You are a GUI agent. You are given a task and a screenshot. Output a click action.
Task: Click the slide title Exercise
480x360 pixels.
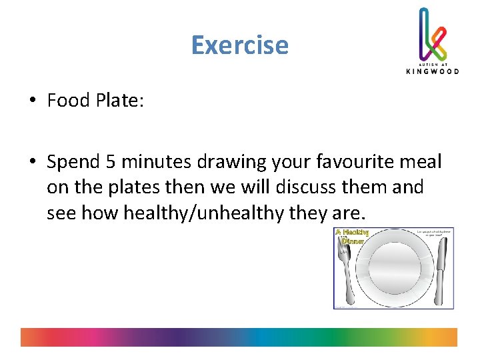[x=239, y=45]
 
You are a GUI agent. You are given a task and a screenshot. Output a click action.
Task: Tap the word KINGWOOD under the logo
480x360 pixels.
[x=432, y=71]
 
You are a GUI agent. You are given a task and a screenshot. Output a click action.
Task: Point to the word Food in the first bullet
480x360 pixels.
[x=69, y=100]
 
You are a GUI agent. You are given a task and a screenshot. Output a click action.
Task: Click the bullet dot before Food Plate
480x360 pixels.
[x=32, y=101]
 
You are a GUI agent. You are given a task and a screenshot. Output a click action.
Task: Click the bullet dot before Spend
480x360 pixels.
[x=32, y=162]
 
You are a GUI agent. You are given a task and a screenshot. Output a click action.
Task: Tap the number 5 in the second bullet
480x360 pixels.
[x=110, y=162]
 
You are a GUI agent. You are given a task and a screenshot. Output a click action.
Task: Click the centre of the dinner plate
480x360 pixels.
[x=393, y=269]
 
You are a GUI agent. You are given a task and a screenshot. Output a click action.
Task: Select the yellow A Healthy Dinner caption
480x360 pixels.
[x=351, y=237]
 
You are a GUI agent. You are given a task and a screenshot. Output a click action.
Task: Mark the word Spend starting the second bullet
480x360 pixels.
[x=73, y=162]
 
